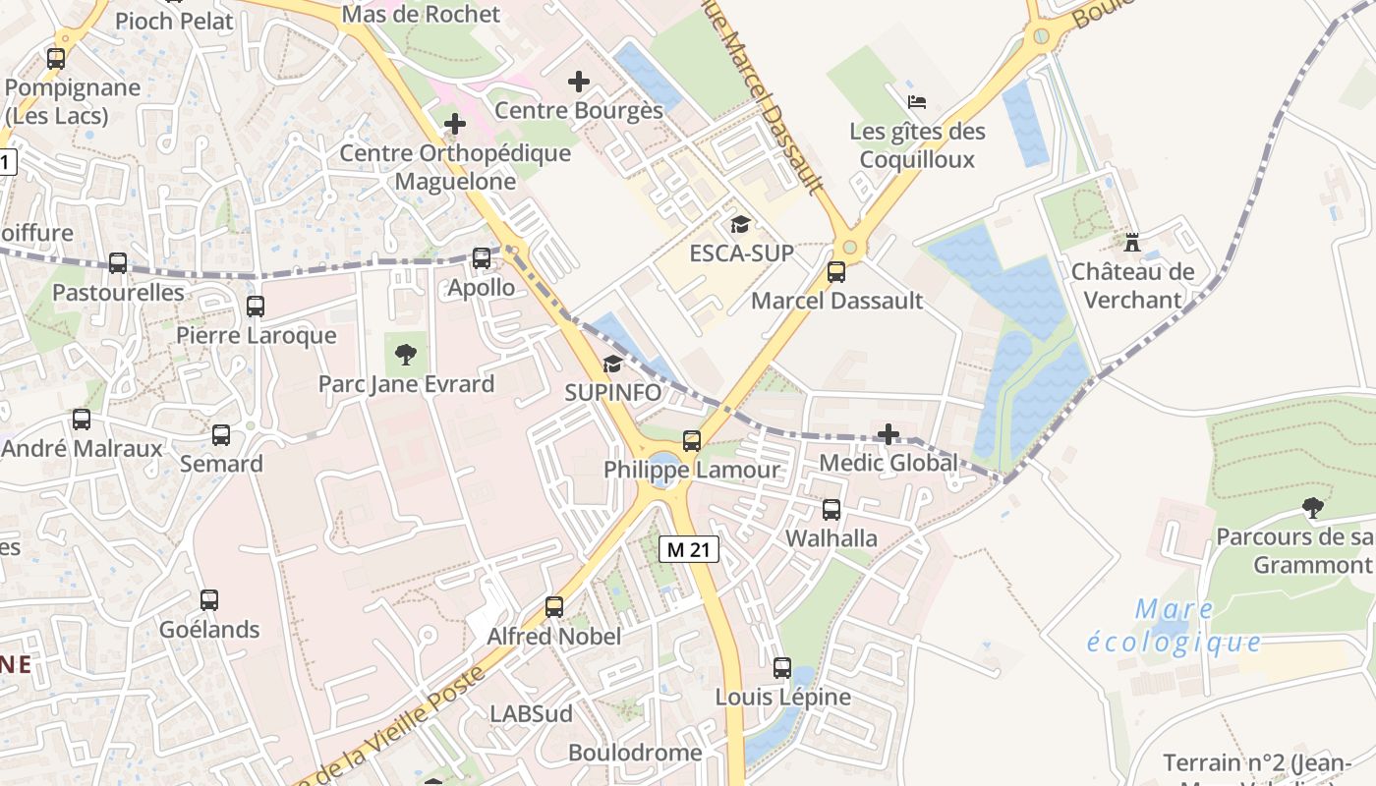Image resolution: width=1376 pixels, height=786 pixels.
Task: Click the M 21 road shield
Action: click(x=688, y=549)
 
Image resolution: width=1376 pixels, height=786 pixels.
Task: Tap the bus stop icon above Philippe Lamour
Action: click(x=692, y=440)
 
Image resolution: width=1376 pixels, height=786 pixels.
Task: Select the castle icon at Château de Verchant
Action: click(x=1131, y=241)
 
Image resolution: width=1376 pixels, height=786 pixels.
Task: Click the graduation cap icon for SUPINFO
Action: click(x=612, y=365)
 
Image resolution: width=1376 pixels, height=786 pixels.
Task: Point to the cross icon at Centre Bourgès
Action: click(x=579, y=82)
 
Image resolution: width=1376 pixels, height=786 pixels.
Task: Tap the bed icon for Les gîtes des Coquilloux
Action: click(x=916, y=102)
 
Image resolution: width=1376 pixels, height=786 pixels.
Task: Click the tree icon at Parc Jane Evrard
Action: click(x=404, y=355)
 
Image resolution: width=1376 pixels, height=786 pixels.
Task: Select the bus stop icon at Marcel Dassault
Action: click(x=836, y=272)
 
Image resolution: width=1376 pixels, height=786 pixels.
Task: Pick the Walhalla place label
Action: click(x=831, y=537)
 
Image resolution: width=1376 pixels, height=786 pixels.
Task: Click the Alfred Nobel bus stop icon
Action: click(x=554, y=607)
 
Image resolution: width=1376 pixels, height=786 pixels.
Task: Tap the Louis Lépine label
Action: click(x=782, y=697)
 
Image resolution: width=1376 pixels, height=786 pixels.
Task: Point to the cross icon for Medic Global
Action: click(x=889, y=433)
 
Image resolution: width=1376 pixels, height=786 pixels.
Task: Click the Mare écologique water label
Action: click(x=1175, y=626)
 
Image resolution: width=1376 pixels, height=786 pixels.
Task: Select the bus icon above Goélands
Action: click(x=209, y=599)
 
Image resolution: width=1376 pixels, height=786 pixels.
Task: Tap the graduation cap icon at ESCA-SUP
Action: click(x=740, y=225)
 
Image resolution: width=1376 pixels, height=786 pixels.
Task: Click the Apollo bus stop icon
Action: click(x=482, y=258)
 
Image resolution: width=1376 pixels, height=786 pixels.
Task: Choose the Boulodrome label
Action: click(x=635, y=753)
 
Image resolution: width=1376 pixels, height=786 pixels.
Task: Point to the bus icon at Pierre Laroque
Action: click(x=256, y=307)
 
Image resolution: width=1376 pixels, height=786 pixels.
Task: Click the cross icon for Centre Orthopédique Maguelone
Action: click(x=455, y=124)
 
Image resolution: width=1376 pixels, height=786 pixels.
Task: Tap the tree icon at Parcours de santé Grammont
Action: click(x=1311, y=508)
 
